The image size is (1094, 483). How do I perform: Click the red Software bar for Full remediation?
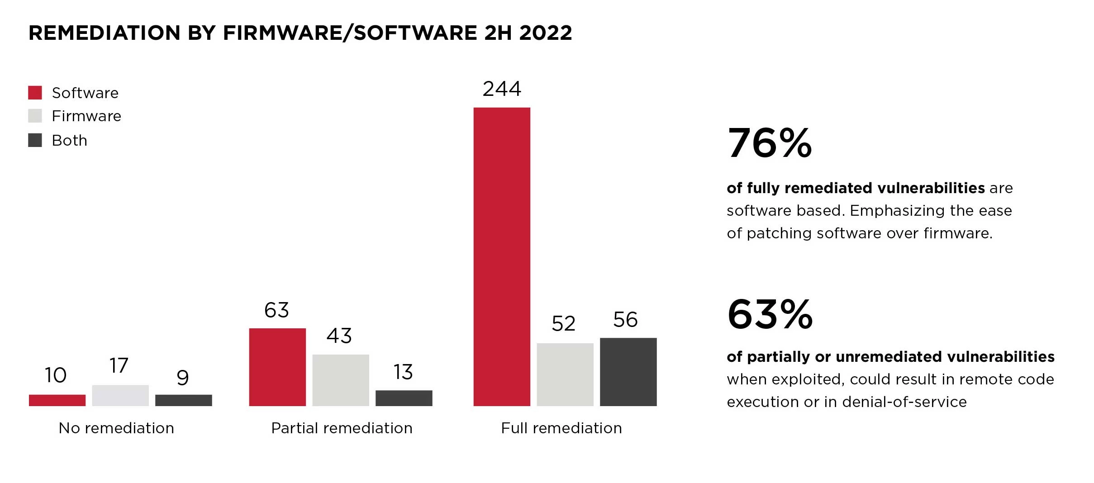pyautogui.click(x=501, y=256)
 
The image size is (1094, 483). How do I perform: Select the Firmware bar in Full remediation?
pyautogui.click(x=565, y=374)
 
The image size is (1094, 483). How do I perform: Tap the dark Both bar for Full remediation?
pyautogui.click(x=628, y=372)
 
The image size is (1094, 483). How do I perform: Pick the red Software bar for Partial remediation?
pyautogui.click(x=277, y=367)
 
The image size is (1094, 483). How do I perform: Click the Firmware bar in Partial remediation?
pyautogui.click(x=340, y=380)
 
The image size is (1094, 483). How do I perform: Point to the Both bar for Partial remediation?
pyautogui.click(x=404, y=398)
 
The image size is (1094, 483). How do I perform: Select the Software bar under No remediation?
pyautogui.click(x=57, y=400)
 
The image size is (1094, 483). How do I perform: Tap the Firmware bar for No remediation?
pyautogui.click(x=120, y=395)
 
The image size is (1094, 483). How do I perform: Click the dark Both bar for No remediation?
pyautogui.click(x=183, y=400)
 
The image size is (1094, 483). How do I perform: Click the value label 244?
pyautogui.click(x=502, y=89)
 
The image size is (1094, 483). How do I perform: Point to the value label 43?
pyautogui.click(x=339, y=336)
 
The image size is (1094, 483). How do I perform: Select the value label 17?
pyautogui.click(x=119, y=365)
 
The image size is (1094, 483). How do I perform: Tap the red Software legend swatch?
pyautogui.click(x=35, y=93)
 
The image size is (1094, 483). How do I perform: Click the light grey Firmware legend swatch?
pyautogui.click(x=35, y=116)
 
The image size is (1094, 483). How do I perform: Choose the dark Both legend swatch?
pyautogui.click(x=35, y=140)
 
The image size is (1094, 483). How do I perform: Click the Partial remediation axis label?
pyautogui.click(x=342, y=428)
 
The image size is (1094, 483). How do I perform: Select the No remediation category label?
pyautogui.click(x=116, y=428)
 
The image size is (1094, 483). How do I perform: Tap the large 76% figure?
pyautogui.click(x=770, y=143)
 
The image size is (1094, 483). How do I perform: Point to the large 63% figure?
pyautogui.click(x=770, y=314)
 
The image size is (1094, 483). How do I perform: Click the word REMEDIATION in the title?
pyautogui.click(x=105, y=33)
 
